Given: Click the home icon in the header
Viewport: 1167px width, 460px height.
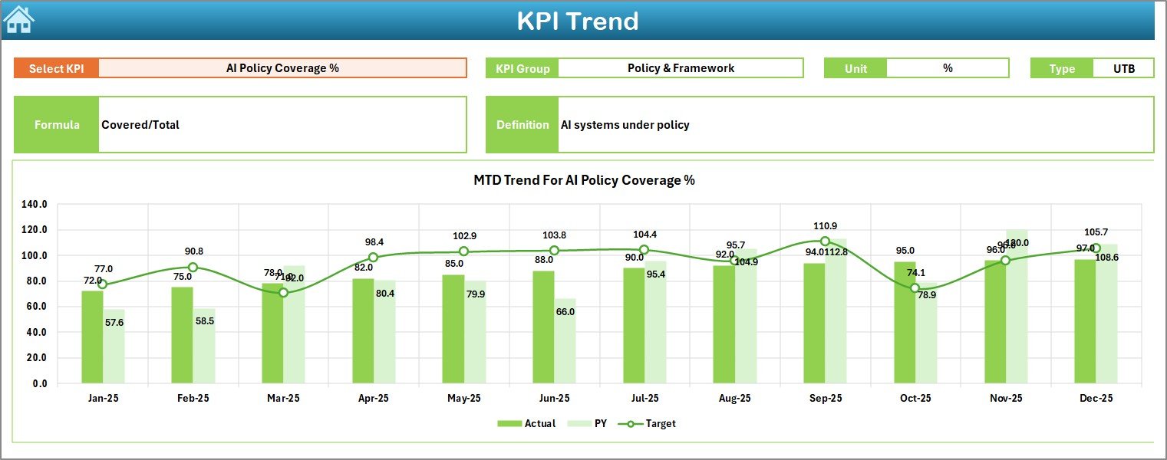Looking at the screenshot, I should tap(18, 20).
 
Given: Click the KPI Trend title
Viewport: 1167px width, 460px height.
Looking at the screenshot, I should tap(577, 21).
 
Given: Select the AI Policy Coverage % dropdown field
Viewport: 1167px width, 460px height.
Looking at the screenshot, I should tap(282, 68).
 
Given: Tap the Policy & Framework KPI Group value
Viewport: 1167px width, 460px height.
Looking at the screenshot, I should tap(681, 68).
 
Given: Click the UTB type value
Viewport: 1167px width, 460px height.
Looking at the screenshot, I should tap(1123, 68).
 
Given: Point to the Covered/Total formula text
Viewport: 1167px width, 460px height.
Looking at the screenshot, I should tap(140, 125).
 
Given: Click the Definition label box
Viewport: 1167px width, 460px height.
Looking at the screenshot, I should tap(523, 125).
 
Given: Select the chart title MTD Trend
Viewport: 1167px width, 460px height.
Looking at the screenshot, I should tap(584, 180).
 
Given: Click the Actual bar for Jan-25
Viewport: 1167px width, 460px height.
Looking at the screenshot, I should tap(92, 337).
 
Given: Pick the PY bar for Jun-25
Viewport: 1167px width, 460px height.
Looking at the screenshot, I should tap(566, 341).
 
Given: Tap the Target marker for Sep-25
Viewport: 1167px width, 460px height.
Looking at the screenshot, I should tap(825, 242).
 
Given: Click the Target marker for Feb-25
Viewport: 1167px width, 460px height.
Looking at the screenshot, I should tap(193, 268).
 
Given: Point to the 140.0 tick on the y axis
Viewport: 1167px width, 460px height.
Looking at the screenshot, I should tap(35, 205).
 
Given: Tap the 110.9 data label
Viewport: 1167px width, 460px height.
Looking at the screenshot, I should tap(825, 226).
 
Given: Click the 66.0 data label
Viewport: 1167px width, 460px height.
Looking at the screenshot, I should tap(565, 312).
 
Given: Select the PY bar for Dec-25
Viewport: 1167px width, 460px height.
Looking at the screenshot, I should tap(1106, 314).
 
